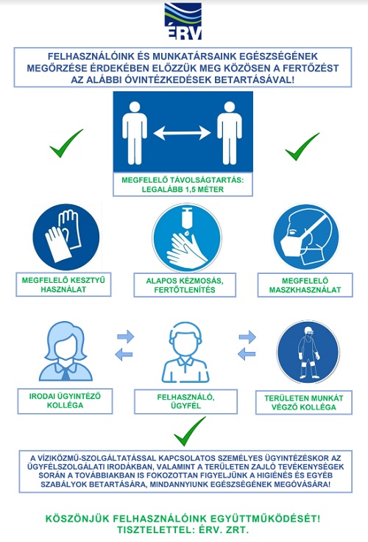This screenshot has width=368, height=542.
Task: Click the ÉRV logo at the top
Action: click(183, 21)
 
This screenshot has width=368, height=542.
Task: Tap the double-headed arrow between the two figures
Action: click(182, 133)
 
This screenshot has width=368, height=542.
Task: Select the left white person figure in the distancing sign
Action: click(135, 133)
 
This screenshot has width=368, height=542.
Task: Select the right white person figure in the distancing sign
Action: click(230, 133)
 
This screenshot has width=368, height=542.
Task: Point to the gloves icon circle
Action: click(66, 237)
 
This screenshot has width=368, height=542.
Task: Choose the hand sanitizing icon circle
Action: click(187, 237)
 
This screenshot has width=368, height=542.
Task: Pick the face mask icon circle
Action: click(305, 237)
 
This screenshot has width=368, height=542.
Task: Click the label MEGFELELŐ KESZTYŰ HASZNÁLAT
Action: click(63, 285)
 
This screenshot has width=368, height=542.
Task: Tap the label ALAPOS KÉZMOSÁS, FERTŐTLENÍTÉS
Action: click(185, 285)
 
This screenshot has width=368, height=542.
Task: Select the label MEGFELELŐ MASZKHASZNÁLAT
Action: click(305, 285)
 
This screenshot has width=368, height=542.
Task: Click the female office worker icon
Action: click(66, 351)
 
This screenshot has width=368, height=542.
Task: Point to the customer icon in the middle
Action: click(185, 352)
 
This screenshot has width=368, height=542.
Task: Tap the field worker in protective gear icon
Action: click(308, 352)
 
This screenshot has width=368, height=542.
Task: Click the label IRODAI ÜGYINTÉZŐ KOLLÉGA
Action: click(65, 401)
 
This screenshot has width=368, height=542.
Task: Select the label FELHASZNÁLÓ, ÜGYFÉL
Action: click(186, 401)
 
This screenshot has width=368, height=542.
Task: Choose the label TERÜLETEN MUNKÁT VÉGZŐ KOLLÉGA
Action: click(304, 403)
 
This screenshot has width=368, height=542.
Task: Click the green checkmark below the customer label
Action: click(189, 432)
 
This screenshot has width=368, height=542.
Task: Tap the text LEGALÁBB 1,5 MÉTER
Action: click(183, 189)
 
